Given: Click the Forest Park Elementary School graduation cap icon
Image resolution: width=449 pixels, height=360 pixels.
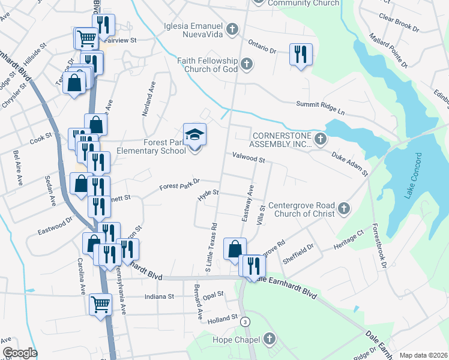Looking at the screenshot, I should click(194, 134).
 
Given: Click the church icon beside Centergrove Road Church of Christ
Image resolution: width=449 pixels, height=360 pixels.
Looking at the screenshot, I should click(344, 208).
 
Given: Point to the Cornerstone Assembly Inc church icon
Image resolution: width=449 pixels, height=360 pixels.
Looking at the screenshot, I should click(320, 140).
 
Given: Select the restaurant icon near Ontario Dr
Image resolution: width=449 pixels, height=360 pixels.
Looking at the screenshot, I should click(299, 55).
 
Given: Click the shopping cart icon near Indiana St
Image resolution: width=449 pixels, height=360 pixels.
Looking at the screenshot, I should click(100, 304).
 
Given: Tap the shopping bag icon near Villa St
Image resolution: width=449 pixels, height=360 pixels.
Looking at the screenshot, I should click(235, 248).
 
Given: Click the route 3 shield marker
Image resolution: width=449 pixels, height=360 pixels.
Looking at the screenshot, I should click(245, 322).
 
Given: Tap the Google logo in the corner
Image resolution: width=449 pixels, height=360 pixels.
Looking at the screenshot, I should click(20, 353).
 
